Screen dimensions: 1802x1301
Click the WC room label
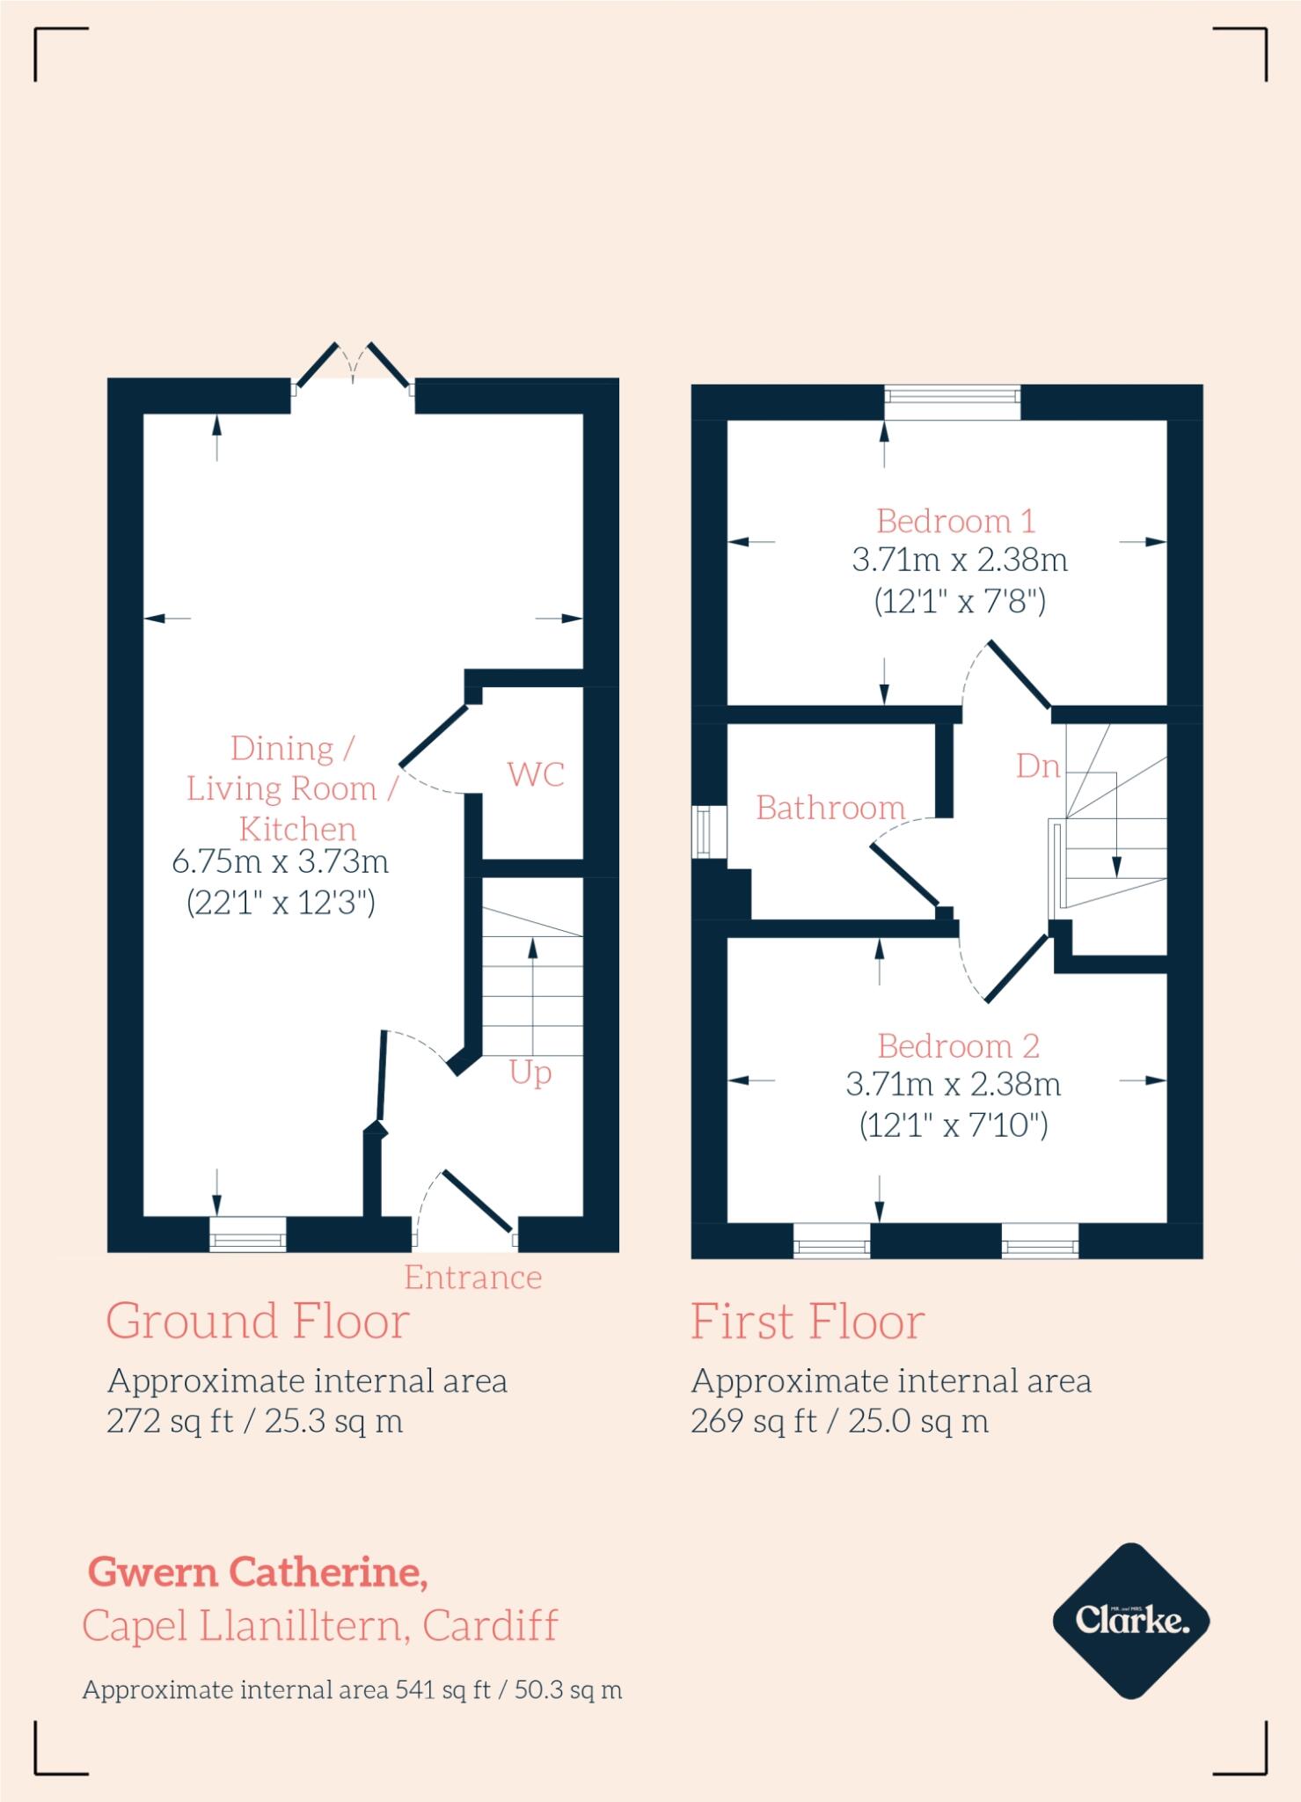(x=535, y=775)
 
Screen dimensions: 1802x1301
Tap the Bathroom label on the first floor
(x=830, y=808)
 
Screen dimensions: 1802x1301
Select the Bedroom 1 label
(x=955, y=522)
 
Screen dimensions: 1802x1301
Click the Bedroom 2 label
(x=958, y=1046)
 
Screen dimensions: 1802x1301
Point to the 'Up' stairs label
(x=530, y=1073)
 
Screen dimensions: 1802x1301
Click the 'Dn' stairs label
(x=1037, y=766)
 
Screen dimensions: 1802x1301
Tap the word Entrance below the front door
(x=472, y=1278)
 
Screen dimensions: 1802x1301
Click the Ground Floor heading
(x=258, y=1322)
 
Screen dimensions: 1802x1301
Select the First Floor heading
(x=807, y=1322)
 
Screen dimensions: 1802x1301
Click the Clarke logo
(x=1131, y=1620)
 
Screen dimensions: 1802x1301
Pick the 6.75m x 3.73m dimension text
(x=280, y=861)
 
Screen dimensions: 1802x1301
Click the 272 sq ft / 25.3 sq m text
(x=254, y=1422)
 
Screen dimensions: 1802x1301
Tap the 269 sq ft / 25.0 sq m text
(x=839, y=1422)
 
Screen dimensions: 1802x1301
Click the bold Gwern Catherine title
(x=258, y=1572)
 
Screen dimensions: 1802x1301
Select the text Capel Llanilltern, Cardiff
(x=319, y=1625)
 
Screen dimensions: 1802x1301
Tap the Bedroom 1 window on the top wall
(x=952, y=402)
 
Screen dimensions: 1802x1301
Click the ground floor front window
(x=248, y=1234)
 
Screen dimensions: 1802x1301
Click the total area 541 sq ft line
(x=352, y=1690)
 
